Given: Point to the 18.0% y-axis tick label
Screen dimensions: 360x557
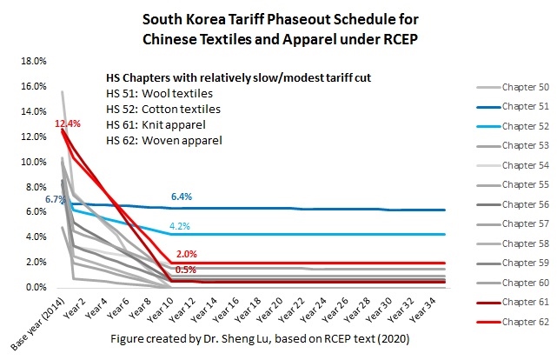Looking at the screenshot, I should tap(21, 62).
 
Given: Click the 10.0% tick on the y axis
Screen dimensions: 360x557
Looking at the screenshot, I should tap(21, 163).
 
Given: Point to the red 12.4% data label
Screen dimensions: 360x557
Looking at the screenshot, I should tap(67, 123).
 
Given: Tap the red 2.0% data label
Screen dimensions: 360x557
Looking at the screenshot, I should tap(186, 253).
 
